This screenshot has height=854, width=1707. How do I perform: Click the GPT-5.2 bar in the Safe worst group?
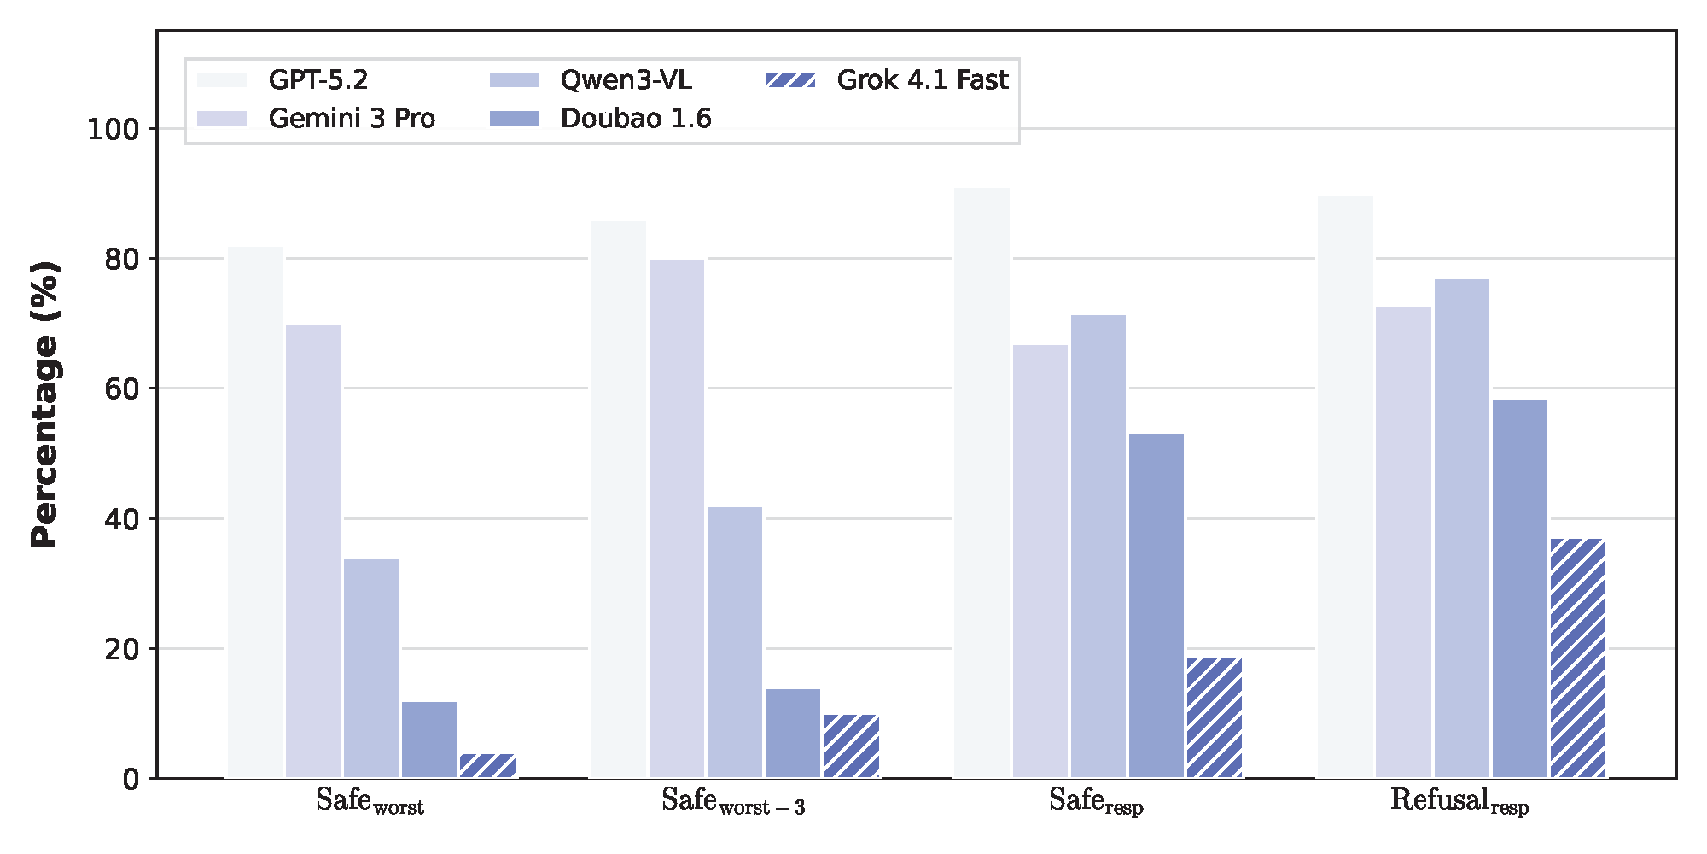255,512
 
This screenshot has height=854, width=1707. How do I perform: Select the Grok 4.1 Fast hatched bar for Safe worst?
487,765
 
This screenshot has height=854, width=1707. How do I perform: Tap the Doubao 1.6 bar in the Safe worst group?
429,740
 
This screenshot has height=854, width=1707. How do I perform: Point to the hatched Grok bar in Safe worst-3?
851,746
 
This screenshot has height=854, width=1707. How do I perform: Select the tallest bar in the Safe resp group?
982,483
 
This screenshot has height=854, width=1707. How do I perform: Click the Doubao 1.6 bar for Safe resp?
1156,605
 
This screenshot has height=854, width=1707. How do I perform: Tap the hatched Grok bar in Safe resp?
1215,717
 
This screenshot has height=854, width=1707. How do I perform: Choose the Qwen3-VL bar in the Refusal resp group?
1461,528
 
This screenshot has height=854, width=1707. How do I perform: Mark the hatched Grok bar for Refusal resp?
1578,658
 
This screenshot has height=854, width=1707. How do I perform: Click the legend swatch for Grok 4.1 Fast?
790,80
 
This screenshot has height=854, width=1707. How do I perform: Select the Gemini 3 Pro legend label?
352,118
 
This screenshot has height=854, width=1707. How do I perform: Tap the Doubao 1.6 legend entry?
635,118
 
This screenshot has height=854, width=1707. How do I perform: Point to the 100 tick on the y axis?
113,130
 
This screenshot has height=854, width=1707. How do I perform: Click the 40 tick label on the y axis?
120,519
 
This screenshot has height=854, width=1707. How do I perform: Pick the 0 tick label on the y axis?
131,779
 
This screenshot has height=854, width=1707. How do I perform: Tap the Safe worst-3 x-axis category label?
733,801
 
